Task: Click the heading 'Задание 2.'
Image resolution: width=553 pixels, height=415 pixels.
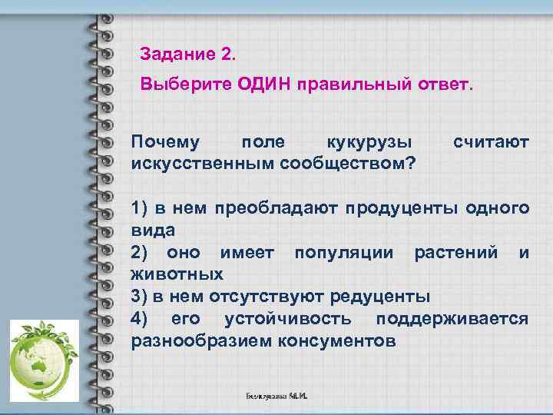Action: tap(189, 55)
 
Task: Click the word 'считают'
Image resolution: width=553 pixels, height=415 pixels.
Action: tap(491, 143)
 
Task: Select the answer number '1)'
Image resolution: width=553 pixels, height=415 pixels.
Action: tap(140, 208)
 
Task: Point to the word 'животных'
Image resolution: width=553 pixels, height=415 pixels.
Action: tap(177, 274)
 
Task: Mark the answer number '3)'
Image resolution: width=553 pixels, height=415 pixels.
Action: tap(140, 296)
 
